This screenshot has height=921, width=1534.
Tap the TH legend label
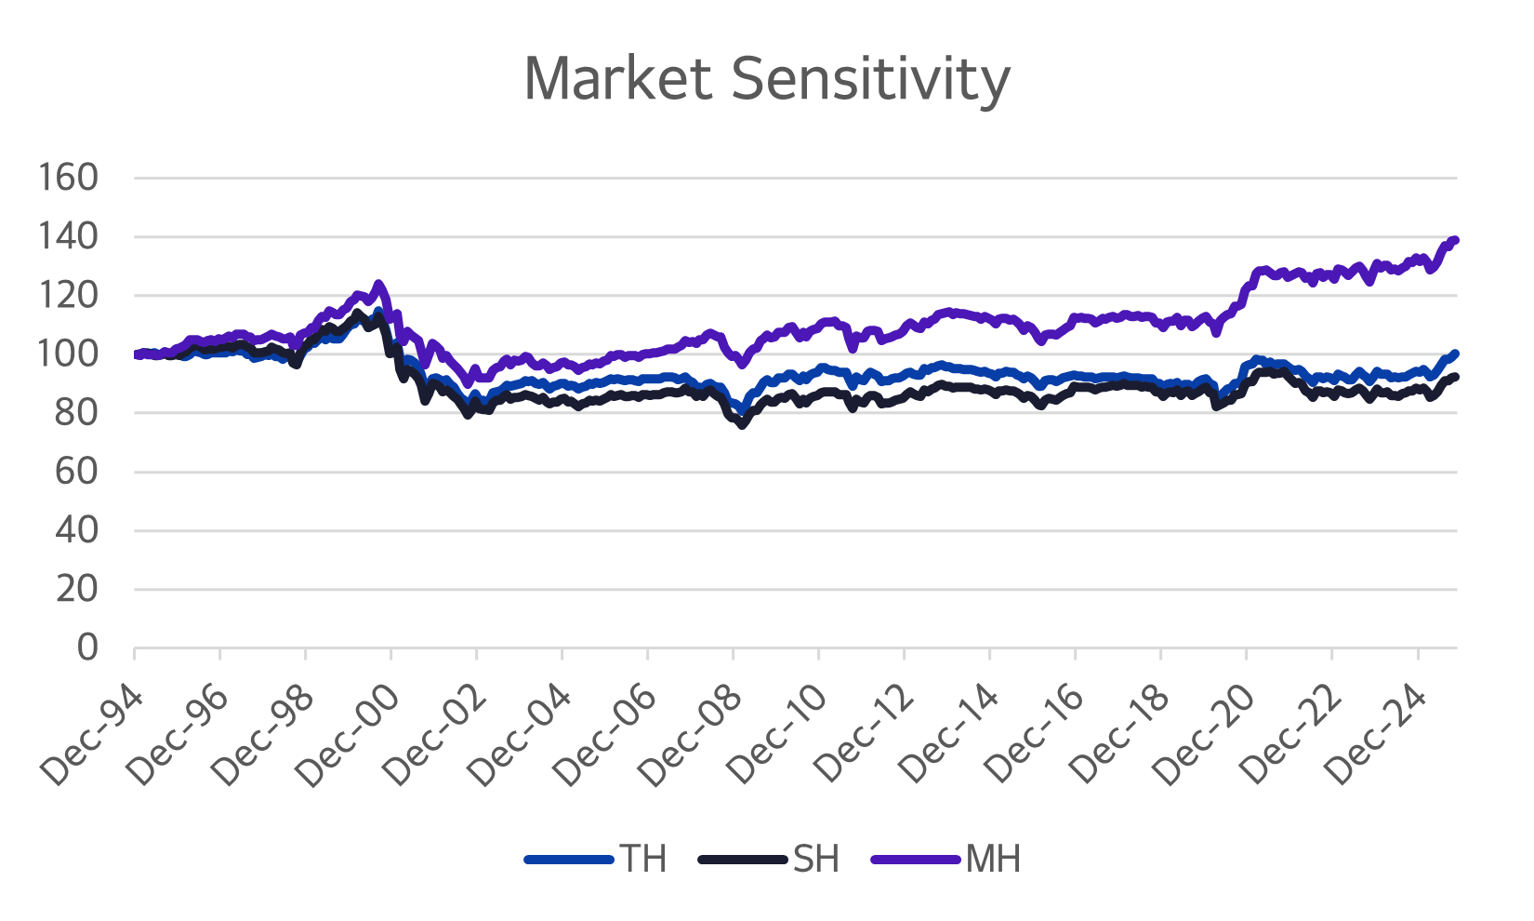643,859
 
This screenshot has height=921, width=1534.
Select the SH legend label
816,859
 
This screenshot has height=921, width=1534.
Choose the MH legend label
993,859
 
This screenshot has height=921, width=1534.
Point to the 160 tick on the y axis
68,177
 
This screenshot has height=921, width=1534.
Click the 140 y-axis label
68,236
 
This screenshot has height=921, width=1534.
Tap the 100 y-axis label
68,354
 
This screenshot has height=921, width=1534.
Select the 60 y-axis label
75,472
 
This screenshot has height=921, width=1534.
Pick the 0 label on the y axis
87,647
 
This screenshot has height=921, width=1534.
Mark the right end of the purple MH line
1455,240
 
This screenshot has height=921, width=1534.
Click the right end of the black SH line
1455,377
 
